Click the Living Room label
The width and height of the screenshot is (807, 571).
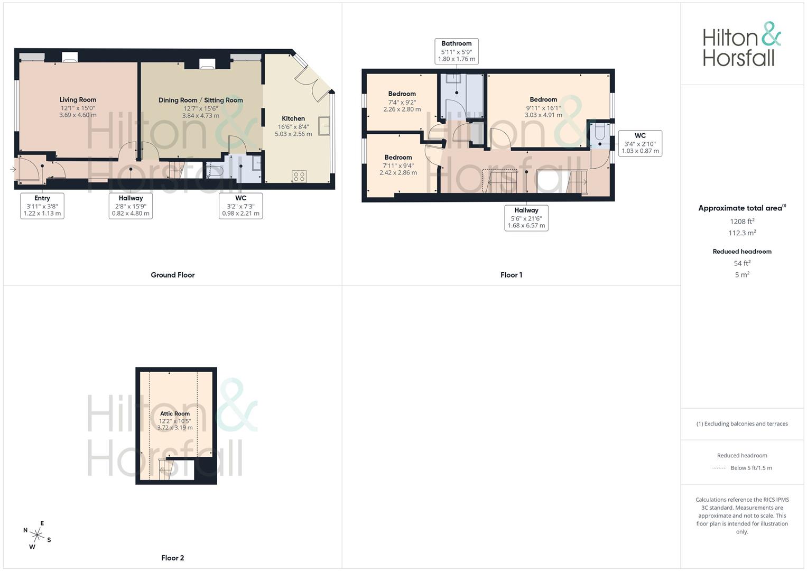(x=78, y=100)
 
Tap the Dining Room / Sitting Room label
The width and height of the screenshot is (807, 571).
(x=201, y=100)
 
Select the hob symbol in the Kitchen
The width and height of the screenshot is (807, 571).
(x=299, y=177)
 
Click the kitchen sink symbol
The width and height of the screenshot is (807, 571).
(x=324, y=126)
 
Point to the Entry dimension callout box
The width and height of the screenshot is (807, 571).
(x=42, y=206)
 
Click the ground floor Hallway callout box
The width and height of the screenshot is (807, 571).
(x=131, y=206)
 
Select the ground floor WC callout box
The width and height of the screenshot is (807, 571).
(x=240, y=206)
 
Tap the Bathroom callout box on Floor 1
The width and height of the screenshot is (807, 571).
(x=457, y=51)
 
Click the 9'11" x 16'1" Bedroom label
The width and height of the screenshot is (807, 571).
(x=543, y=100)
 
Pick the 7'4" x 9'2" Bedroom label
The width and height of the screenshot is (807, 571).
(x=402, y=94)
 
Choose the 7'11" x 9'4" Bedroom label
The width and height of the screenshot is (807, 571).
(x=398, y=158)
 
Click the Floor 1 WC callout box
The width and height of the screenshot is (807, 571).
(x=640, y=143)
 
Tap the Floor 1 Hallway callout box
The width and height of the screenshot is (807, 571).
(x=526, y=218)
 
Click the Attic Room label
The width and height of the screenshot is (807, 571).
(x=175, y=414)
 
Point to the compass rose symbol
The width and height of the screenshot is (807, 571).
(x=37, y=535)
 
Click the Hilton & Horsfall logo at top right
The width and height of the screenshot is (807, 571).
(x=741, y=44)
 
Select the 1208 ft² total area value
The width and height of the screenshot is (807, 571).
(x=742, y=222)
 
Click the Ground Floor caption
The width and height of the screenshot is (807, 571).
(x=173, y=275)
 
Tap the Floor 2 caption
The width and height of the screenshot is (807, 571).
(x=173, y=558)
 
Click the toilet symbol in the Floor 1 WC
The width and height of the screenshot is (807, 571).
(x=600, y=135)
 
